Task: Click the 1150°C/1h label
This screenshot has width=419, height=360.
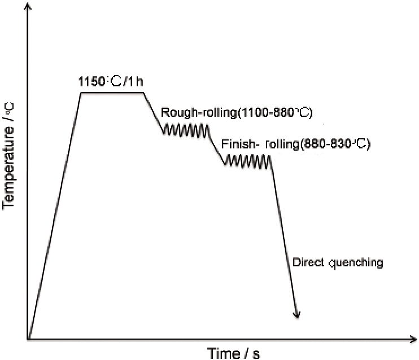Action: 112,82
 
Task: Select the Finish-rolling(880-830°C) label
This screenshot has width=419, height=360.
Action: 295,144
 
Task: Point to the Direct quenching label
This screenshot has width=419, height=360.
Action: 338,262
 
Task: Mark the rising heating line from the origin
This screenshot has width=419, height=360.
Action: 55,214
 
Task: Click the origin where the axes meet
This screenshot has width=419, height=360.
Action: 29,340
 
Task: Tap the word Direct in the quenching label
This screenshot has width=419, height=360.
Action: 304,262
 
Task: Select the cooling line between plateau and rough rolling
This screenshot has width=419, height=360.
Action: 153,113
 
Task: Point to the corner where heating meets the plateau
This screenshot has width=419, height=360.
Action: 82,93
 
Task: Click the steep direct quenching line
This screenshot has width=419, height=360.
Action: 284,237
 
